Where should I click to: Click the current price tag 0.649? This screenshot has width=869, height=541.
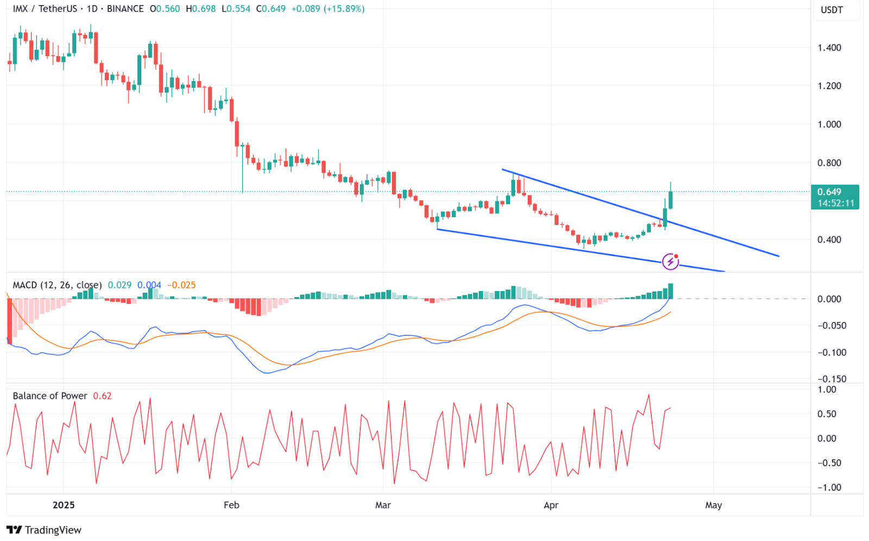pyautogui.click(x=829, y=192)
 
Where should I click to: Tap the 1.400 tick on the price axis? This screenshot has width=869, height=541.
pyautogui.click(x=829, y=48)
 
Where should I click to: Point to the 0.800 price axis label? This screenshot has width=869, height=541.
pyautogui.click(x=829, y=163)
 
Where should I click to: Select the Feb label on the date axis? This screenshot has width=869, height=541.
pyautogui.click(x=231, y=505)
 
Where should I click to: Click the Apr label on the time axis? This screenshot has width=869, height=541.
pyautogui.click(x=551, y=505)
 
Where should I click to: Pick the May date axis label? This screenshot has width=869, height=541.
pyautogui.click(x=713, y=505)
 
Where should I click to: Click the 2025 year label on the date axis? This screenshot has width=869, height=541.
pyautogui.click(x=64, y=505)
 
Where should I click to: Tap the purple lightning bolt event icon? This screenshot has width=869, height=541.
pyautogui.click(x=671, y=261)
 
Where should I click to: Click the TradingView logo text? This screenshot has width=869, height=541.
pyautogui.click(x=53, y=530)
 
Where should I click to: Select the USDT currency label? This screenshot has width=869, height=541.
pyautogui.click(x=832, y=10)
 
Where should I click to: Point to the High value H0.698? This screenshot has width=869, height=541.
pyautogui.click(x=201, y=9)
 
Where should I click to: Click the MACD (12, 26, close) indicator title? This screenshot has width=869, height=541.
pyautogui.click(x=57, y=285)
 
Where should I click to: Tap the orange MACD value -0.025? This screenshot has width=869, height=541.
pyautogui.click(x=181, y=285)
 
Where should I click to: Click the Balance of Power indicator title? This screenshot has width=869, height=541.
pyautogui.click(x=50, y=396)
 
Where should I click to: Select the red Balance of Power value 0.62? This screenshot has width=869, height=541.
pyautogui.click(x=102, y=396)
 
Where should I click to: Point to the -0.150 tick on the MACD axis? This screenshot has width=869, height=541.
pyautogui.click(x=832, y=379)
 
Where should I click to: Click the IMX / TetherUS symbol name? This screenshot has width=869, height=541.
pyautogui.click(x=45, y=9)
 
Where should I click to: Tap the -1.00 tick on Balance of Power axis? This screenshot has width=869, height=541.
pyautogui.click(x=829, y=488)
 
